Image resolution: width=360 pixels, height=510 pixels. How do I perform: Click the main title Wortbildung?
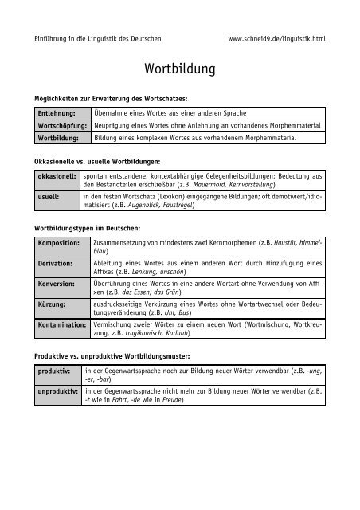[179, 69]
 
